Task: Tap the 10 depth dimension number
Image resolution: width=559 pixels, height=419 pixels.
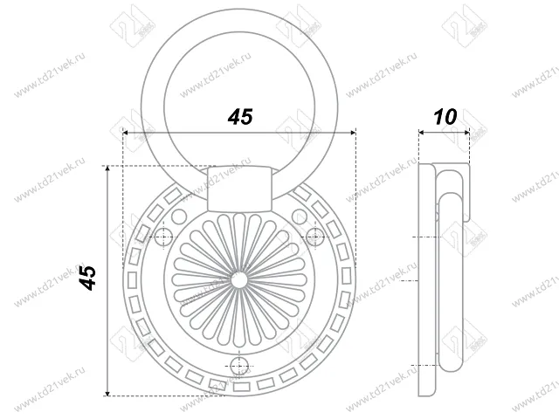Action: click(x=444, y=117)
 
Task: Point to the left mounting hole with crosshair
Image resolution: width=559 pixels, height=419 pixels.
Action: click(x=163, y=237)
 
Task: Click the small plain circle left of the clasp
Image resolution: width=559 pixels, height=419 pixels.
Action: click(x=179, y=214)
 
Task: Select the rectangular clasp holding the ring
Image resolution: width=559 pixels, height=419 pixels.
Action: click(x=238, y=189)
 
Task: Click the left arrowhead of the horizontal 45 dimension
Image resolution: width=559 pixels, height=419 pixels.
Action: click(x=128, y=133)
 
